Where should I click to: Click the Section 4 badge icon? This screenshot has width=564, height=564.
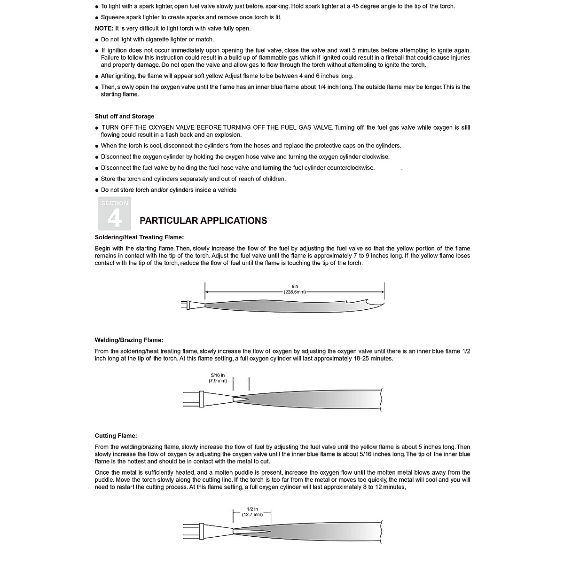[x=115, y=213]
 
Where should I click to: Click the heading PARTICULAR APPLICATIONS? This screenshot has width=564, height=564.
[x=203, y=220]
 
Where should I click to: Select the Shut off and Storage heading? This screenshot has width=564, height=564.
[x=125, y=117]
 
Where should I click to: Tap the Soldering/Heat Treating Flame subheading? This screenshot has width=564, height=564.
[x=139, y=237]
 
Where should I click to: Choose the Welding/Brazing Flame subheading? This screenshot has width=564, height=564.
[x=129, y=340]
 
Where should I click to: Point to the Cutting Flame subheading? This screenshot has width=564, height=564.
[x=116, y=436]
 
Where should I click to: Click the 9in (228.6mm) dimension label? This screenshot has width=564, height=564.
[x=295, y=289]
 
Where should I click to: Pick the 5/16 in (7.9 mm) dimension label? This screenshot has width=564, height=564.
[x=218, y=378]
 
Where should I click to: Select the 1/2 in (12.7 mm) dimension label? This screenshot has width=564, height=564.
[x=252, y=512]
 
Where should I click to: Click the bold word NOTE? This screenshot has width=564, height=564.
[x=104, y=28]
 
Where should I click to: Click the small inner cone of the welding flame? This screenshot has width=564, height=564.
[x=241, y=399]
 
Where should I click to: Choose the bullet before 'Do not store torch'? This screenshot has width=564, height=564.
[x=97, y=190]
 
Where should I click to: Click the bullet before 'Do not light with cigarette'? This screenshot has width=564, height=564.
[x=97, y=40]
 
